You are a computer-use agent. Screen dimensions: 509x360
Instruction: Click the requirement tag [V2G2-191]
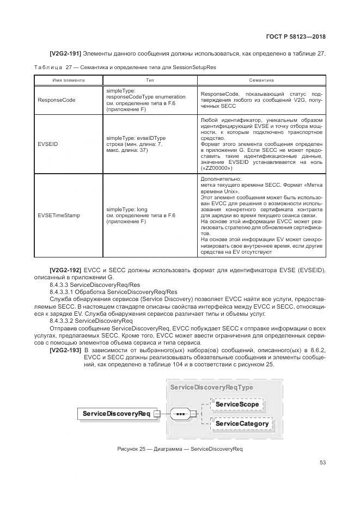pyautogui.click(x=66, y=53)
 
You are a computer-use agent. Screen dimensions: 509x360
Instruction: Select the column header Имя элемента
pyautogui.click(x=68, y=79)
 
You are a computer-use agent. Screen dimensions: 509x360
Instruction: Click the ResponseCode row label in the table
pyautogui.click(x=56, y=100)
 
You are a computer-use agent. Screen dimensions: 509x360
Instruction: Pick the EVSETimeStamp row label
pyautogui.click(x=59, y=215)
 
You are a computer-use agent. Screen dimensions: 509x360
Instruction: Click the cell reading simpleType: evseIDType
pyautogui.click(x=136, y=138)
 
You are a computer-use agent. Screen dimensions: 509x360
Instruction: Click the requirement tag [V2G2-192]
pyautogui.click(x=66, y=270)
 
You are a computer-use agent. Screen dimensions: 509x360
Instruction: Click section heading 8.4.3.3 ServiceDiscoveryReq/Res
pyautogui.click(x=95, y=284)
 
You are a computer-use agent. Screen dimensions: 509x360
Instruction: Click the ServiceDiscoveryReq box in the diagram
pyautogui.click(x=117, y=414)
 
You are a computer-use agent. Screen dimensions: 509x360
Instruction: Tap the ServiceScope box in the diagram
pyautogui.click(x=237, y=405)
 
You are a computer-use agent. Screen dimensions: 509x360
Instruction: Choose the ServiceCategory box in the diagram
pyautogui.click(x=241, y=424)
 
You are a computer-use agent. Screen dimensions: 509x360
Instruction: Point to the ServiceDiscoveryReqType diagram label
pyautogui.click(x=211, y=387)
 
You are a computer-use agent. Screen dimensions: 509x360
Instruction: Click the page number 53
pyautogui.click(x=322, y=463)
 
